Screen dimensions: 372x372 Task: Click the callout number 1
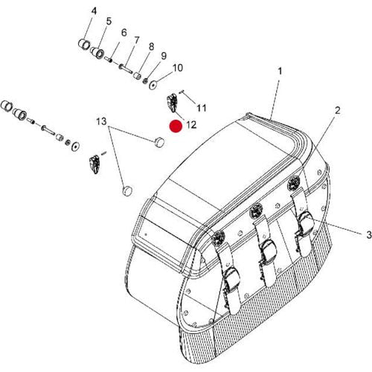click(x=280, y=71)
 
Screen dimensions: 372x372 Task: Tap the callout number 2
click(x=337, y=111)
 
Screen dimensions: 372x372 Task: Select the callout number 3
click(x=347, y=234)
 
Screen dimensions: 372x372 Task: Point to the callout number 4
click(x=94, y=10)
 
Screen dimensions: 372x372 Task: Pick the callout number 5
click(x=109, y=22)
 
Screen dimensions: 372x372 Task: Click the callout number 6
click(x=123, y=31)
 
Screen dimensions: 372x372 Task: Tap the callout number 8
click(x=151, y=47)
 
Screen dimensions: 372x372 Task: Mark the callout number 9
click(x=163, y=56)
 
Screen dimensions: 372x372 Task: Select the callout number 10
click(x=177, y=68)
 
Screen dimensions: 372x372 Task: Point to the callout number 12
click(x=190, y=124)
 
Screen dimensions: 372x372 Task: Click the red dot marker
click(x=175, y=126)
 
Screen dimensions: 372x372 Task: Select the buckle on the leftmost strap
click(x=231, y=275)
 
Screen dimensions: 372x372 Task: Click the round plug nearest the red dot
click(x=159, y=141)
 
